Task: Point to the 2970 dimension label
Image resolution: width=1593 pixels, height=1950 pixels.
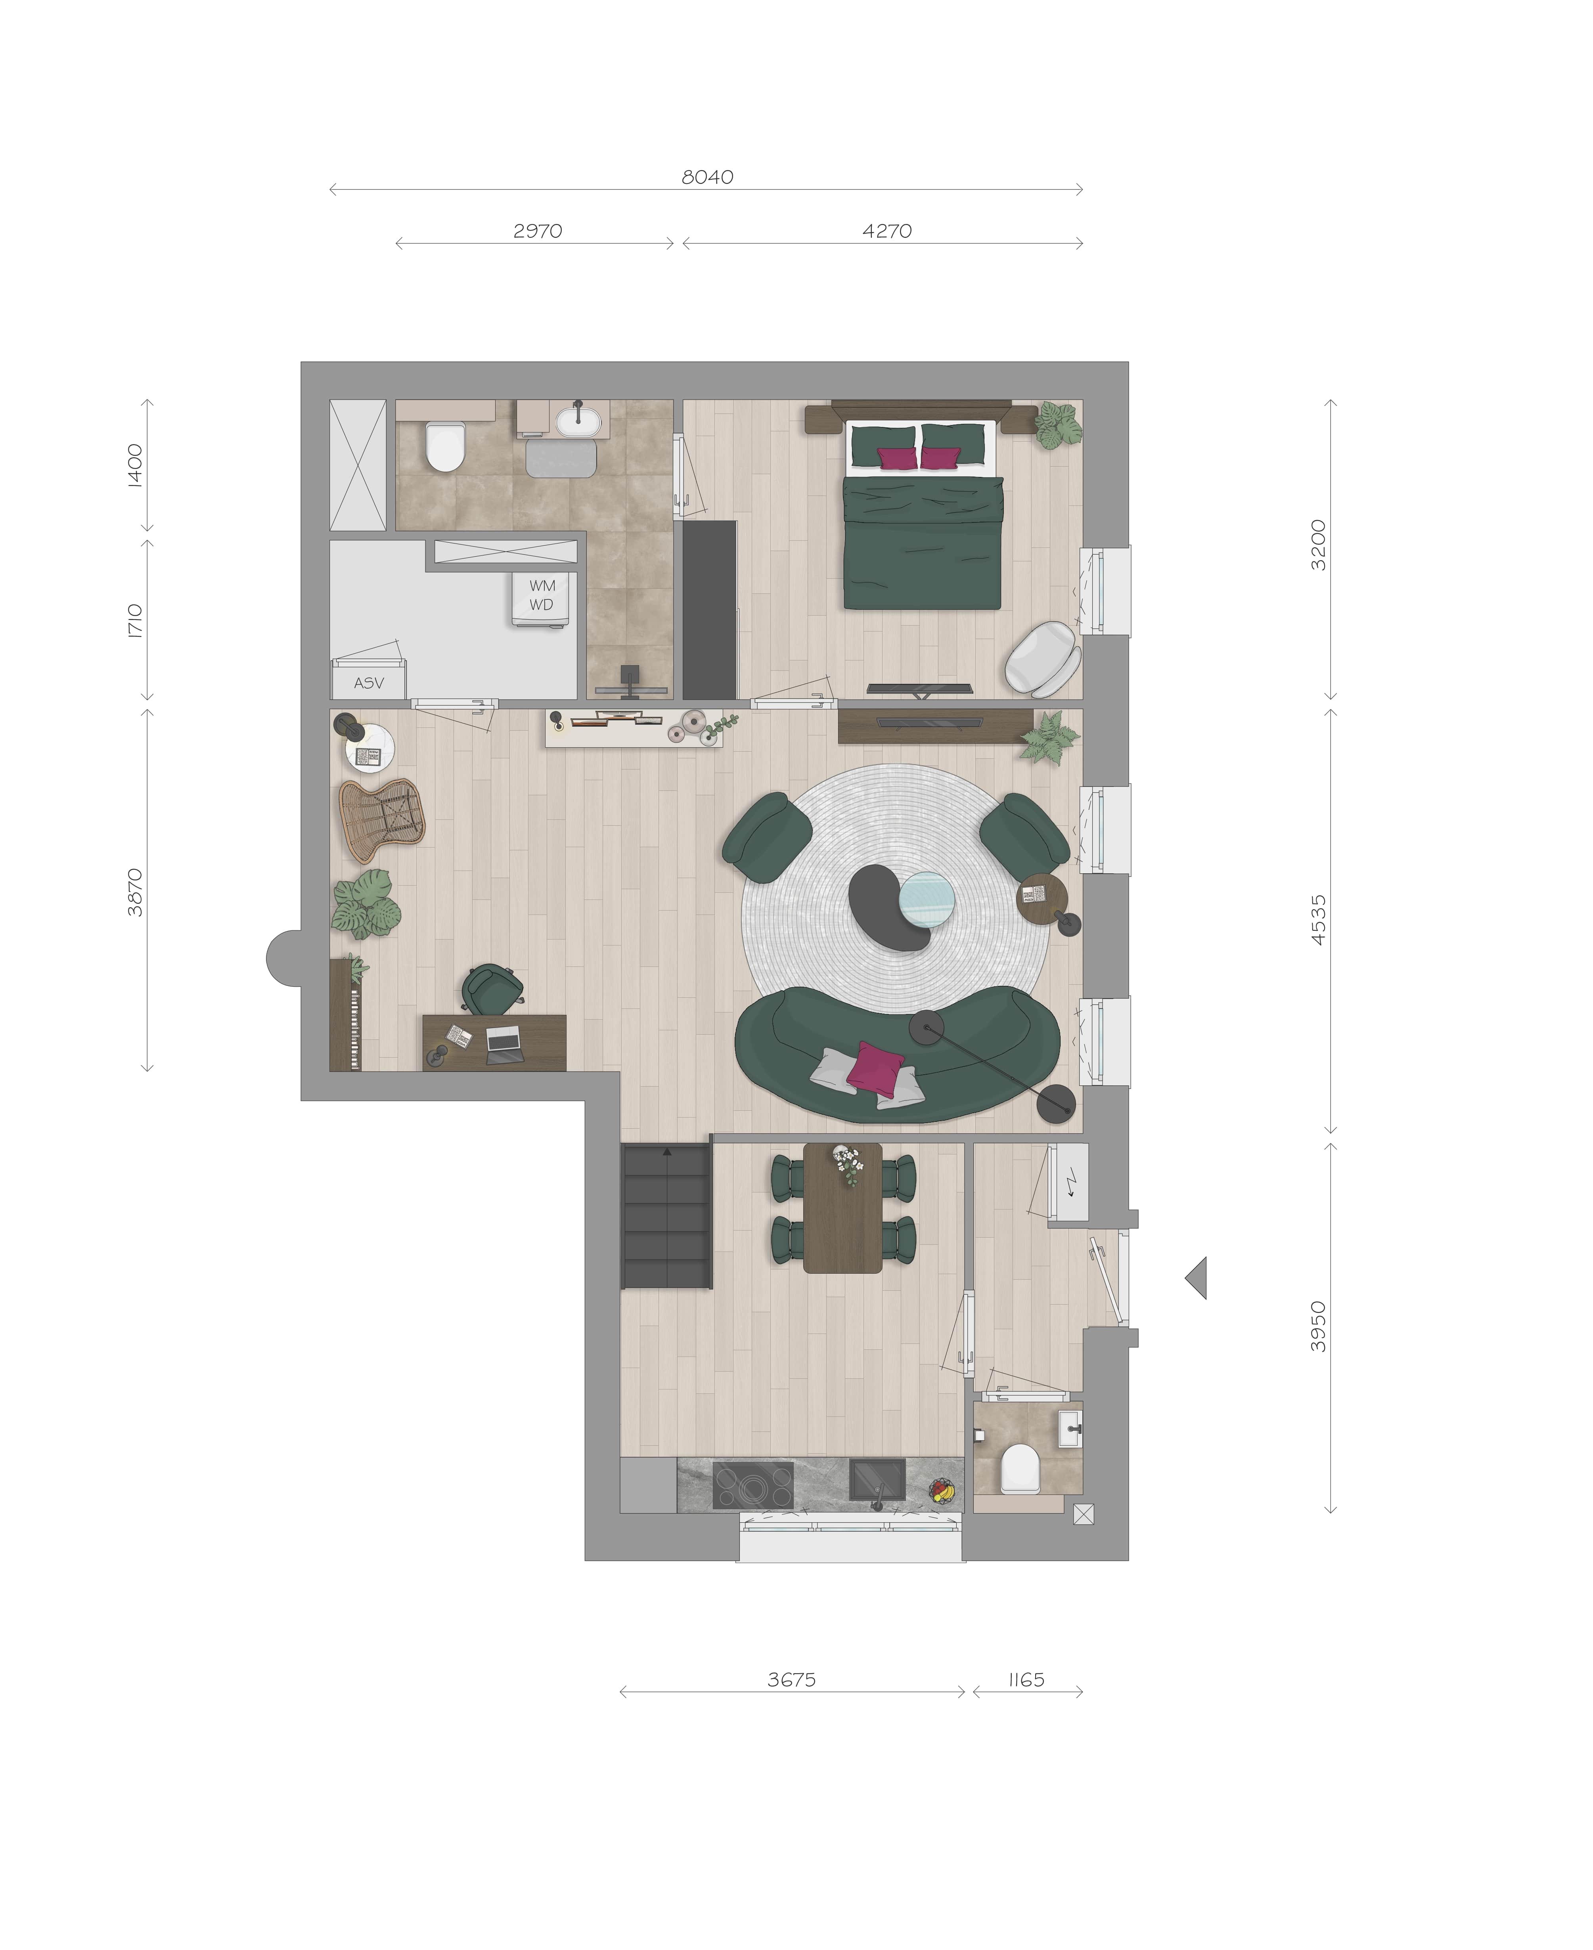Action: tap(538, 231)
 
